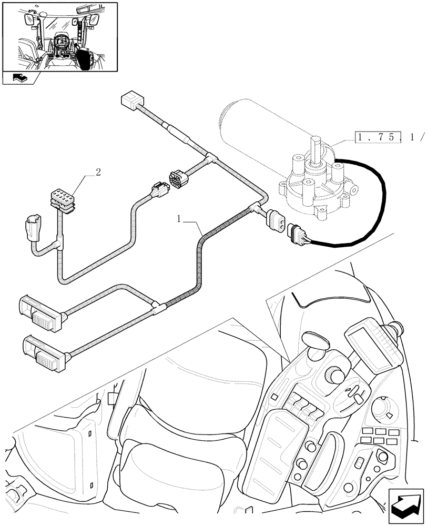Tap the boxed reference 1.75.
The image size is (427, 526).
tap(378, 138)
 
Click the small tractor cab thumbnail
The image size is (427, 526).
tap(59, 37)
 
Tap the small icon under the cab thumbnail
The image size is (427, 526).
tap(20, 78)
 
